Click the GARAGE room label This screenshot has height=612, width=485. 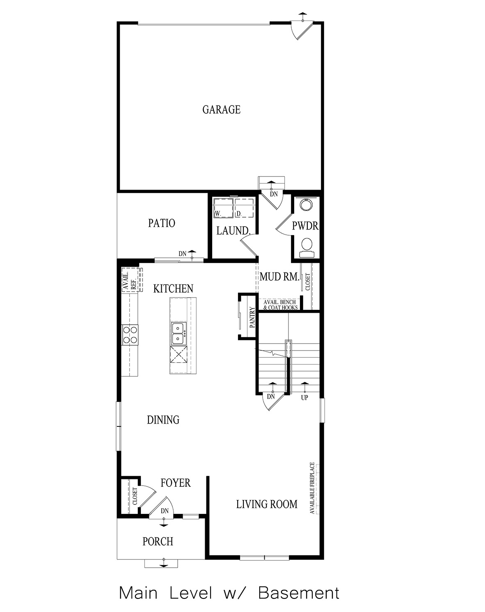[221, 110]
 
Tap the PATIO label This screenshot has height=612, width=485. [161, 223]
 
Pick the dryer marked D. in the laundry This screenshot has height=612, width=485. [244, 208]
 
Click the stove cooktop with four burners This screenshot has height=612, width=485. [130, 334]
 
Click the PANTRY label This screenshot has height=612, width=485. [252, 317]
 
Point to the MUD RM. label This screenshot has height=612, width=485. [279, 277]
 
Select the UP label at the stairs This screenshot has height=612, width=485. [304, 398]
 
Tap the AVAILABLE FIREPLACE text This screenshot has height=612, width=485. [312, 488]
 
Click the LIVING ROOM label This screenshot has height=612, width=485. [266, 504]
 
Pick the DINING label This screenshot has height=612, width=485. [163, 420]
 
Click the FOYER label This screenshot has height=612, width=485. [175, 483]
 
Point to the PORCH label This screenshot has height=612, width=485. [158, 542]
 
